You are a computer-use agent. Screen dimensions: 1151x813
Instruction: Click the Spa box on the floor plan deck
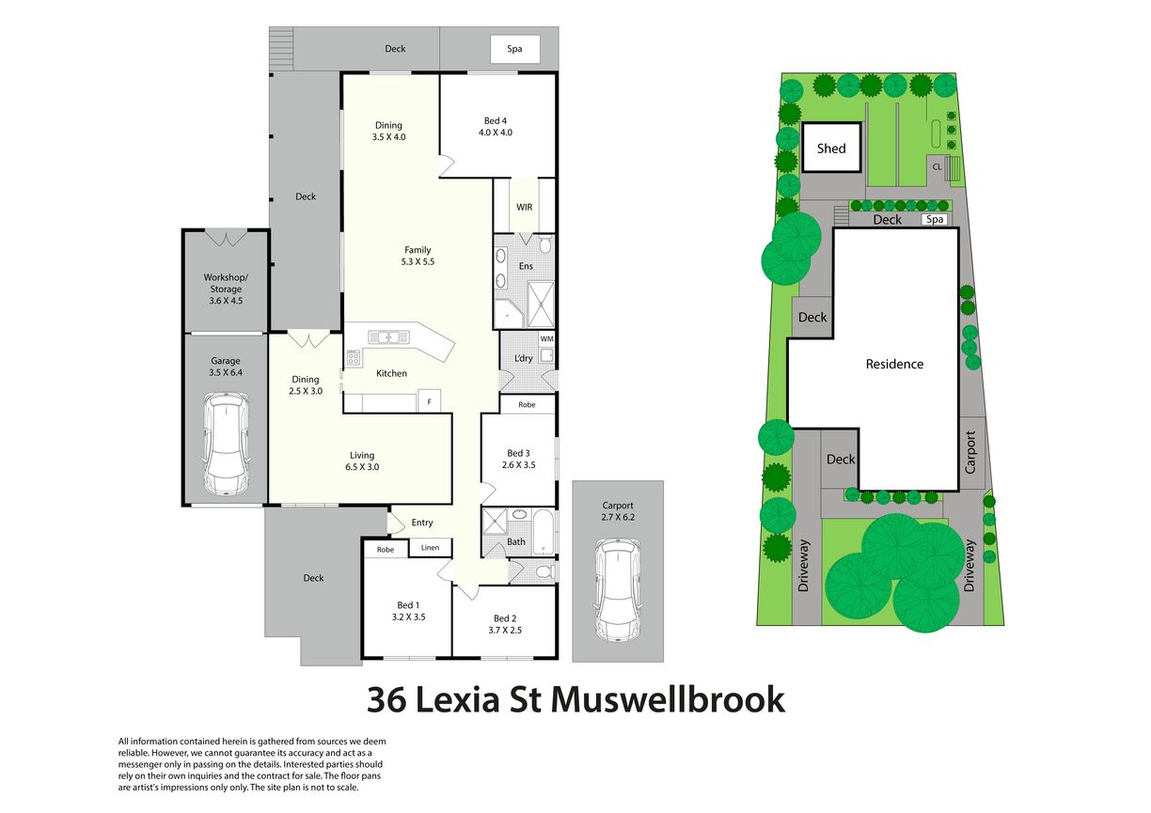click(x=514, y=49)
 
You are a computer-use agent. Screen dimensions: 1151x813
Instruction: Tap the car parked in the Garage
click(x=226, y=444)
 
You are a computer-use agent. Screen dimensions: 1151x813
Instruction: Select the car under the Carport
click(x=618, y=589)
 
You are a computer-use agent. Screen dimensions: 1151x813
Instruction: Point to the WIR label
click(x=524, y=207)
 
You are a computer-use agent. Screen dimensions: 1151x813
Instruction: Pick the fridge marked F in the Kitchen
click(x=429, y=401)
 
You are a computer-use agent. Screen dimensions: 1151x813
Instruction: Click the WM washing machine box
click(x=546, y=339)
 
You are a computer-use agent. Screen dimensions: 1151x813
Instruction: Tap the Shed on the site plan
click(x=831, y=148)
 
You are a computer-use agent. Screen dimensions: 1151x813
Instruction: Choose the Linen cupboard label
click(x=430, y=547)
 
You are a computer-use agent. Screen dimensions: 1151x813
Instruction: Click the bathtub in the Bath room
click(x=543, y=531)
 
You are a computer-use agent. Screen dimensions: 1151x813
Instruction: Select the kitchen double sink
click(x=389, y=337)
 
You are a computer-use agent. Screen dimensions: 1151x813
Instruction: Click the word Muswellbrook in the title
click(x=668, y=699)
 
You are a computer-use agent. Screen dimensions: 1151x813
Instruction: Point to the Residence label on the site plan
click(x=894, y=364)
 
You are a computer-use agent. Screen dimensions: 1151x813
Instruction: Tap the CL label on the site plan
click(x=937, y=167)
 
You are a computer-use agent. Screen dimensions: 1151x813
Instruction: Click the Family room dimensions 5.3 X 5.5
click(x=418, y=261)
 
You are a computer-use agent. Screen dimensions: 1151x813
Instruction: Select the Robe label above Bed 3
click(x=527, y=405)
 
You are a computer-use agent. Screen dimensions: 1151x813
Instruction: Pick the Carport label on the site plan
click(x=970, y=452)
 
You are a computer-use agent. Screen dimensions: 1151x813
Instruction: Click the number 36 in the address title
click(x=386, y=700)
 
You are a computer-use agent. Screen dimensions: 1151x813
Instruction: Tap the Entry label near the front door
click(x=422, y=523)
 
